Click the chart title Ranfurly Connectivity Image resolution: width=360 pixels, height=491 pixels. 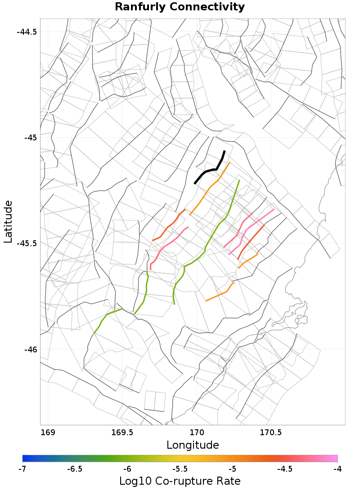(x=180, y=7)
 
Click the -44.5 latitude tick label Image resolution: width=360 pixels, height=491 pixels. (x=27, y=32)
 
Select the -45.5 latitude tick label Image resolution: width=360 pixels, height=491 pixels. (x=27, y=243)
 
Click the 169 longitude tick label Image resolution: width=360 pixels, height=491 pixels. (x=48, y=433)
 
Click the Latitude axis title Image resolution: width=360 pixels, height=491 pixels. (x=8, y=222)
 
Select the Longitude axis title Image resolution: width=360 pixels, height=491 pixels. (x=193, y=445)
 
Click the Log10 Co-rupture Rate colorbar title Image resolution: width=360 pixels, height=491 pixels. (x=180, y=481)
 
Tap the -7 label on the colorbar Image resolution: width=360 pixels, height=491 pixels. (x=22, y=469)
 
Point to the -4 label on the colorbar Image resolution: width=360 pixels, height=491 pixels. (x=337, y=469)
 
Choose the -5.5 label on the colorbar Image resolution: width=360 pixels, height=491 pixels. (x=180, y=469)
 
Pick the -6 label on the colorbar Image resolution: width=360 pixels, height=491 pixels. (x=127, y=469)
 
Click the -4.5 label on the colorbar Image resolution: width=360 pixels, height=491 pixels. (x=284, y=469)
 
